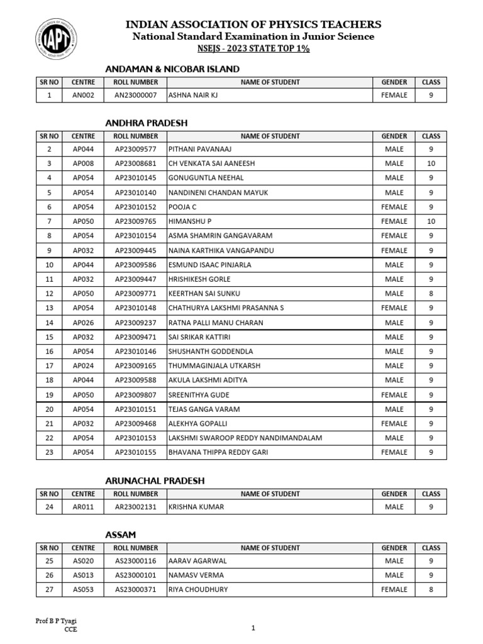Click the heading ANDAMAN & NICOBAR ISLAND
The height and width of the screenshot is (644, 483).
pos(172,69)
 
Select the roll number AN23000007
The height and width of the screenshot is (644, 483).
pos(135,96)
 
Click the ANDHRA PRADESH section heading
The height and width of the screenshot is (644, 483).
pos(147,123)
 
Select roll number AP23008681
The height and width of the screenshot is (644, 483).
pos(135,164)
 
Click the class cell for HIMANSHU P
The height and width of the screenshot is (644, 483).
pos(431,221)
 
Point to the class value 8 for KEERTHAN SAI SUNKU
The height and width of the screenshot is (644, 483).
pos(431,294)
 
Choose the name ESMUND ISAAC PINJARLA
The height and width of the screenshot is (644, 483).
pos(209,265)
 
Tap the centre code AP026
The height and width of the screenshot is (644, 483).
pos(83,323)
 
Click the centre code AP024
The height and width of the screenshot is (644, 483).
pos(83,365)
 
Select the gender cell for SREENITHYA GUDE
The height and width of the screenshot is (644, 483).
pos(394,395)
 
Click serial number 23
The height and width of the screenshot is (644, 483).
pos(49,452)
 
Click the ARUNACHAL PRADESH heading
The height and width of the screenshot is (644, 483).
pos(155,480)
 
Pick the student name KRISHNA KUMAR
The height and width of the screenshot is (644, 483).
pos(196,507)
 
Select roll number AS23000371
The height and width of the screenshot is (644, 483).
pos(135,590)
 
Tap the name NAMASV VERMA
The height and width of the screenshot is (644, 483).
pos(196,575)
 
